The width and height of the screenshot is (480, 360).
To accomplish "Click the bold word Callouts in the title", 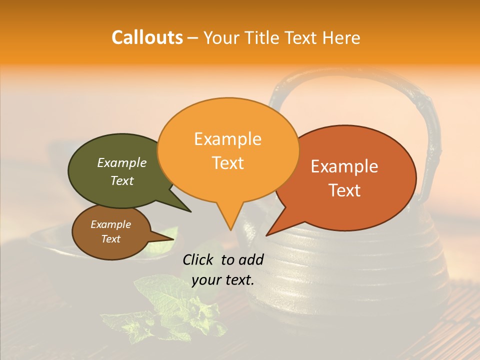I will tap(147, 37).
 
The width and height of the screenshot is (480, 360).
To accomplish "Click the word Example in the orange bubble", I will tap(227, 139).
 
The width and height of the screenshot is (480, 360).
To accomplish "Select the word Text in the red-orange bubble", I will tap(344, 190).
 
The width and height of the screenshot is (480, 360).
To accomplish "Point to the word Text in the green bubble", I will tap(122, 181).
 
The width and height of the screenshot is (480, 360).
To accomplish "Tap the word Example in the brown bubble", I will tap(110, 224).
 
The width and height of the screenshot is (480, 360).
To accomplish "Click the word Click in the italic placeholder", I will tap(198, 259).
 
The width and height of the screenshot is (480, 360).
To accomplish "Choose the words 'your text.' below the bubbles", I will tap(223, 280).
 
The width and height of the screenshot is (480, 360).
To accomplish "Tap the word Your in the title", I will tap(222, 37).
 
